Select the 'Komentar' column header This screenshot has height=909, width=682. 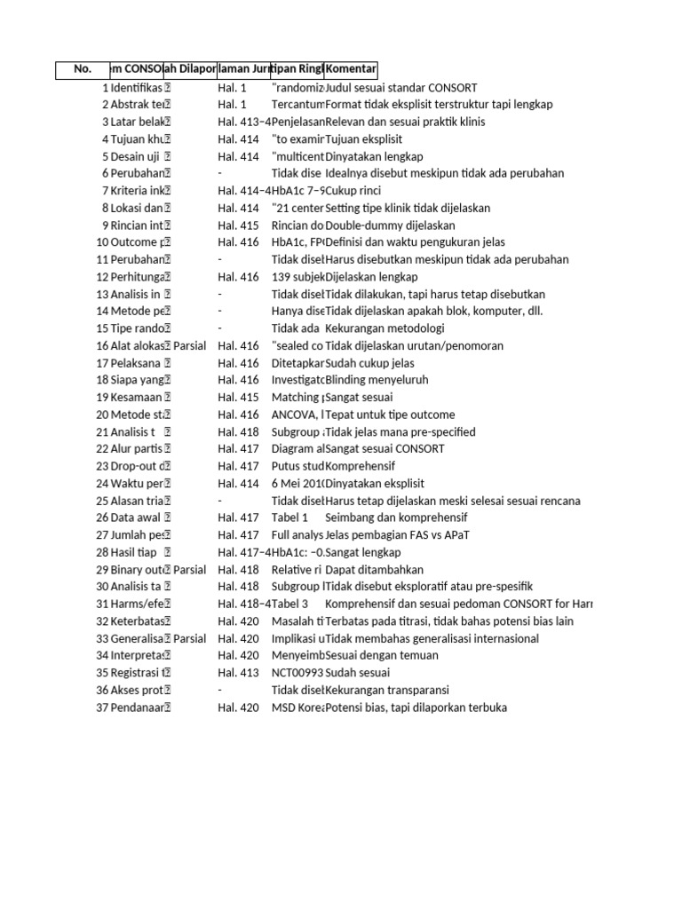352,70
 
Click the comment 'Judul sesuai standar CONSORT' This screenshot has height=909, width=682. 401,88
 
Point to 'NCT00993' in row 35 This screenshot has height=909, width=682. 297,673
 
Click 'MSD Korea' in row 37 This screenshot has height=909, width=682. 297,707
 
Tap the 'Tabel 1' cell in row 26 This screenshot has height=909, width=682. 289,518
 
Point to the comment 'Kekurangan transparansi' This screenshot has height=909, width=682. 387,690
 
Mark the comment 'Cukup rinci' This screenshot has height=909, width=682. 355,191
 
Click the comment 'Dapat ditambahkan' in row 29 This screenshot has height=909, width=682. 375,569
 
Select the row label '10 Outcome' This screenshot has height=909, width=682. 130,242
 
